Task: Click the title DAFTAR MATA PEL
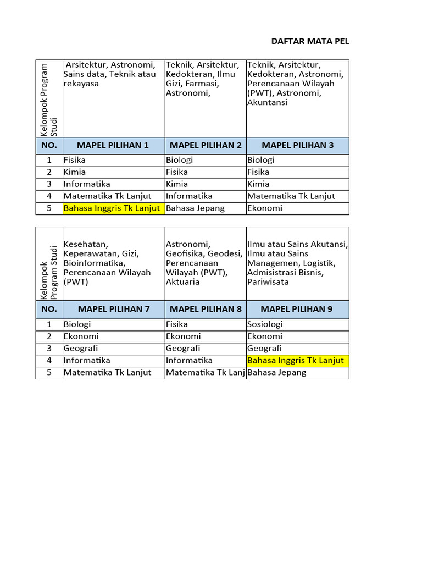pyautogui.click(x=310, y=41)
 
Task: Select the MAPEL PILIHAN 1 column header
pyautogui.click(x=113, y=146)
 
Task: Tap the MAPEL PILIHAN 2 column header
pyautogui.click(x=206, y=146)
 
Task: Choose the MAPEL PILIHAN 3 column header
pyautogui.click(x=297, y=146)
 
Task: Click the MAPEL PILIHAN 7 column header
pyautogui.click(x=114, y=309)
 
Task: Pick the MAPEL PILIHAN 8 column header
pyautogui.click(x=206, y=309)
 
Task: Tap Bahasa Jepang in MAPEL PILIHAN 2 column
pyautogui.click(x=195, y=208)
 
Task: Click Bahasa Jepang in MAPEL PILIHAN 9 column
pyautogui.click(x=276, y=373)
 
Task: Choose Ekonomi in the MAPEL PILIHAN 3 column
pyautogui.click(x=264, y=208)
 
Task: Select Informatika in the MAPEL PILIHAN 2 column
pyautogui.click(x=189, y=196)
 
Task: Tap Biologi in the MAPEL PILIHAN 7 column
pyautogui.click(x=77, y=324)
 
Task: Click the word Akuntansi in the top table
pyautogui.click(x=267, y=103)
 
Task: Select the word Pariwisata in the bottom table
pyautogui.click(x=268, y=282)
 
